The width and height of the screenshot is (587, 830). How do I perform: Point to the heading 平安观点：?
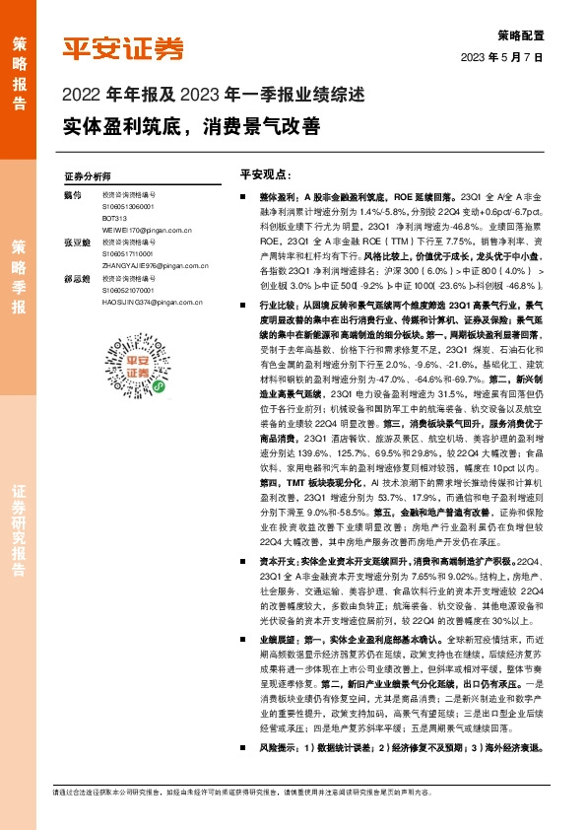coord(264,173)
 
